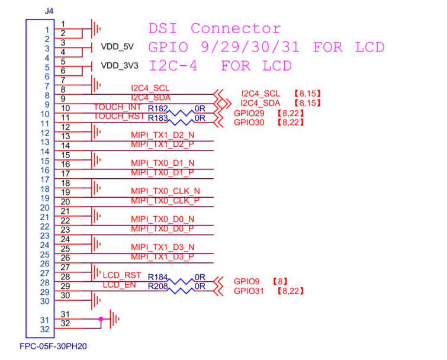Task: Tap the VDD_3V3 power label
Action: click(121, 66)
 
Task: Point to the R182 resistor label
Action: click(157, 109)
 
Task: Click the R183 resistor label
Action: click(157, 118)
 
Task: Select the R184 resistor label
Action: click(157, 277)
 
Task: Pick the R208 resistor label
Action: click(157, 286)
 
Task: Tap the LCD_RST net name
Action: click(122, 275)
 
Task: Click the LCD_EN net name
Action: click(120, 285)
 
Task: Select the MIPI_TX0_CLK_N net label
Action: click(165, 191)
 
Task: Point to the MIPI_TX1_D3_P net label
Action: click(162, 256)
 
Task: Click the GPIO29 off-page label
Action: click(249, 112)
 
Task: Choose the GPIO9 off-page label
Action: click(246, 281)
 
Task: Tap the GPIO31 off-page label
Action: click(249, 291)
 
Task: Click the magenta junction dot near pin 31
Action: click(101, 319)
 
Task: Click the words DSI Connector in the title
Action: click(214, 28)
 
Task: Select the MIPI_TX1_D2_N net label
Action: click(162, 136)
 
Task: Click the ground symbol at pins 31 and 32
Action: click(115, 319)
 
